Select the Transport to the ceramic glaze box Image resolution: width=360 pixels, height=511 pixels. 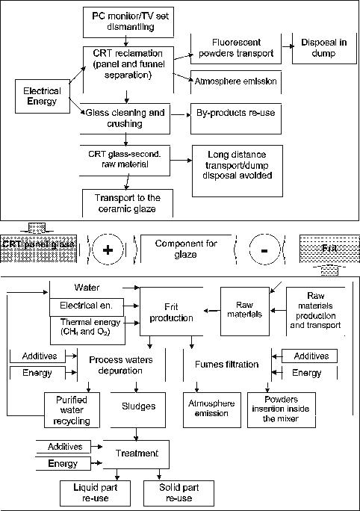tap(125, 202)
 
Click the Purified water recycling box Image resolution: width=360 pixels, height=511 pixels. tap(72, 410)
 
